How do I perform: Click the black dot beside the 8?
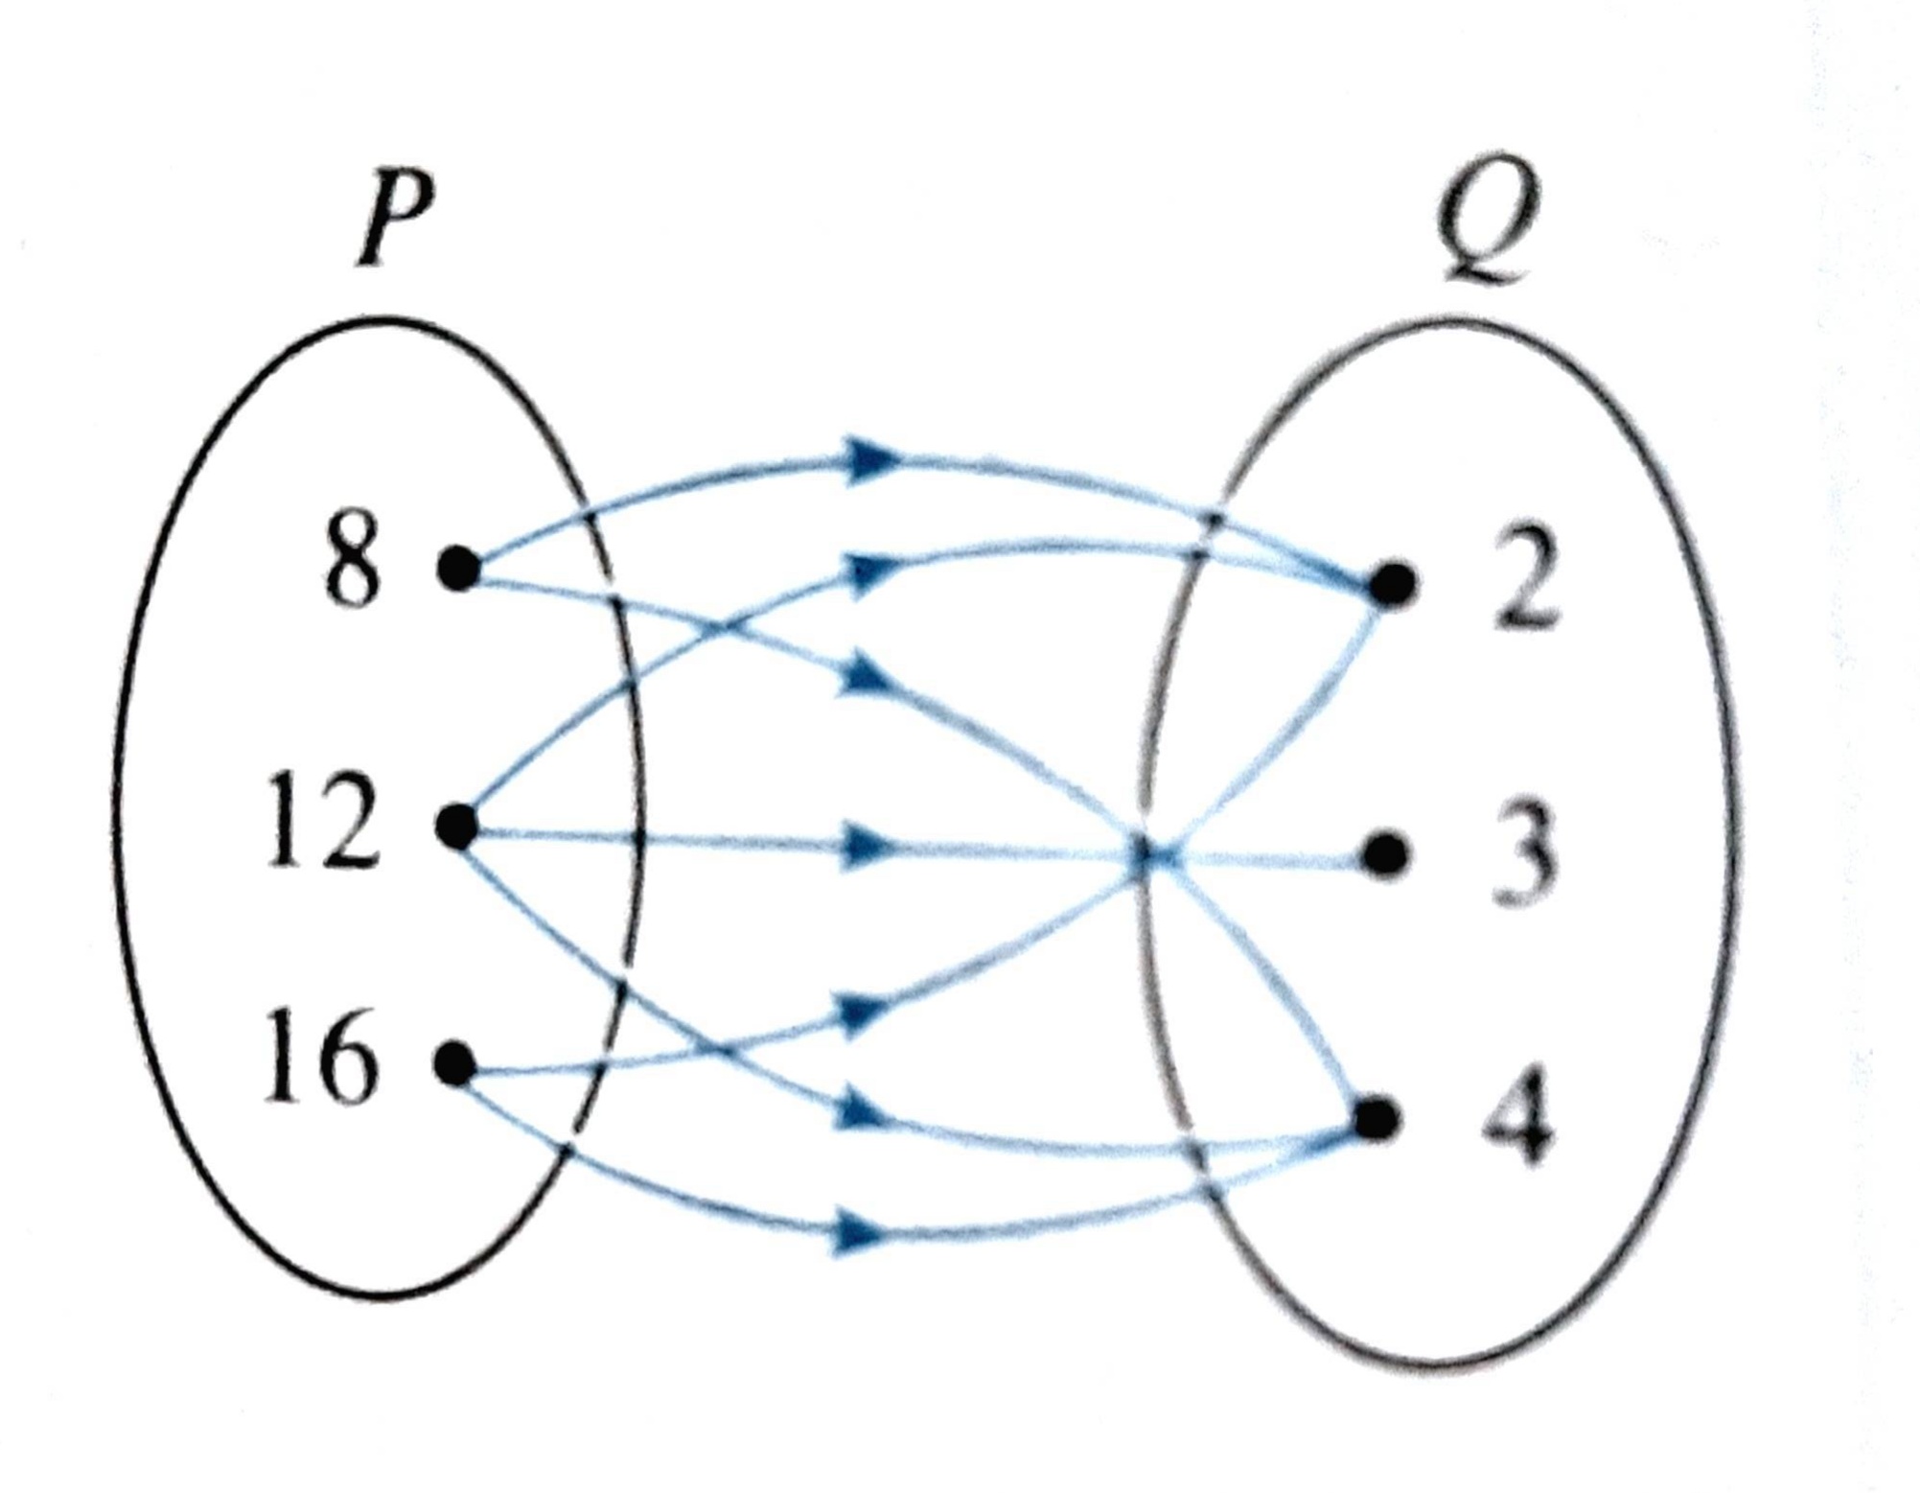459,569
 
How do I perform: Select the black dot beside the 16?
455,1063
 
